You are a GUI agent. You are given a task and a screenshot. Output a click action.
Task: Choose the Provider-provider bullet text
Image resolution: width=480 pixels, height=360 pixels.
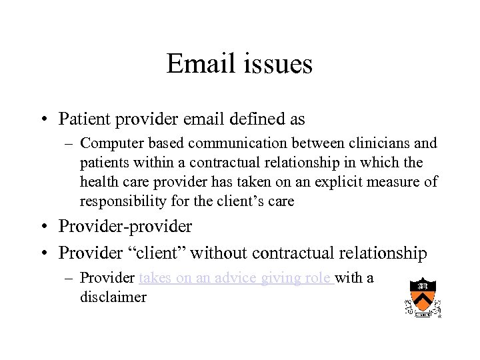coord(125,227)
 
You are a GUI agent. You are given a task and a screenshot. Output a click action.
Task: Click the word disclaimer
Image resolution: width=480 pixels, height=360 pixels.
coord(113,297)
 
